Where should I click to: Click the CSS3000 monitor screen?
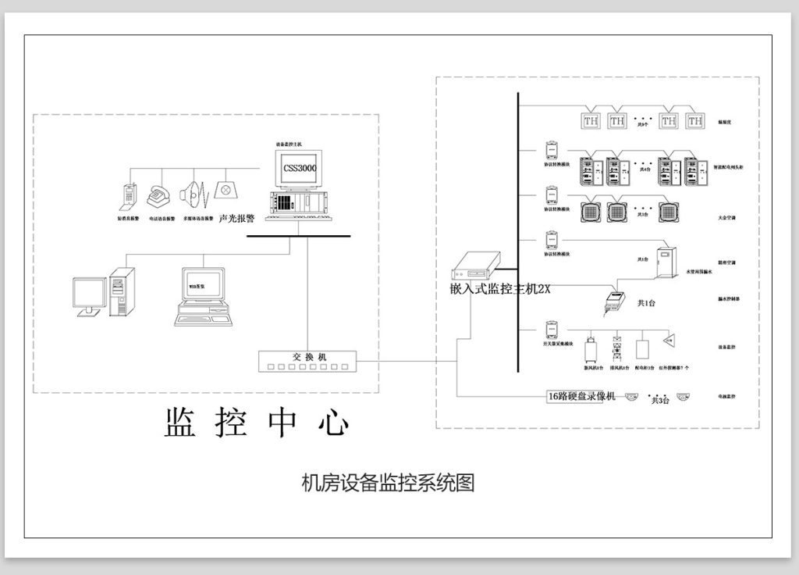pos(295,169)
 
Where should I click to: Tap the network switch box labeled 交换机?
pos(308,361)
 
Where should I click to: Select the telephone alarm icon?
pos(161,195)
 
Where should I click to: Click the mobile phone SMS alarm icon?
pos(128,196)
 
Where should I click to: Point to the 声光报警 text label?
pos(237,220)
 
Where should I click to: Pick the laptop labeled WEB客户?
pos(203,297)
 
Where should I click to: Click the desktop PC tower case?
pos(122,291)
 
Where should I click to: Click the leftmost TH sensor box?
pos(590,121)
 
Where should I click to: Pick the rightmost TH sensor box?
pos(694,121)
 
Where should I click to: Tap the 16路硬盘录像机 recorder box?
pos(581,396)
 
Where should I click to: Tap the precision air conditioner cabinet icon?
pos(667,262)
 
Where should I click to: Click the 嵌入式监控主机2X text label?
pos(495,289)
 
